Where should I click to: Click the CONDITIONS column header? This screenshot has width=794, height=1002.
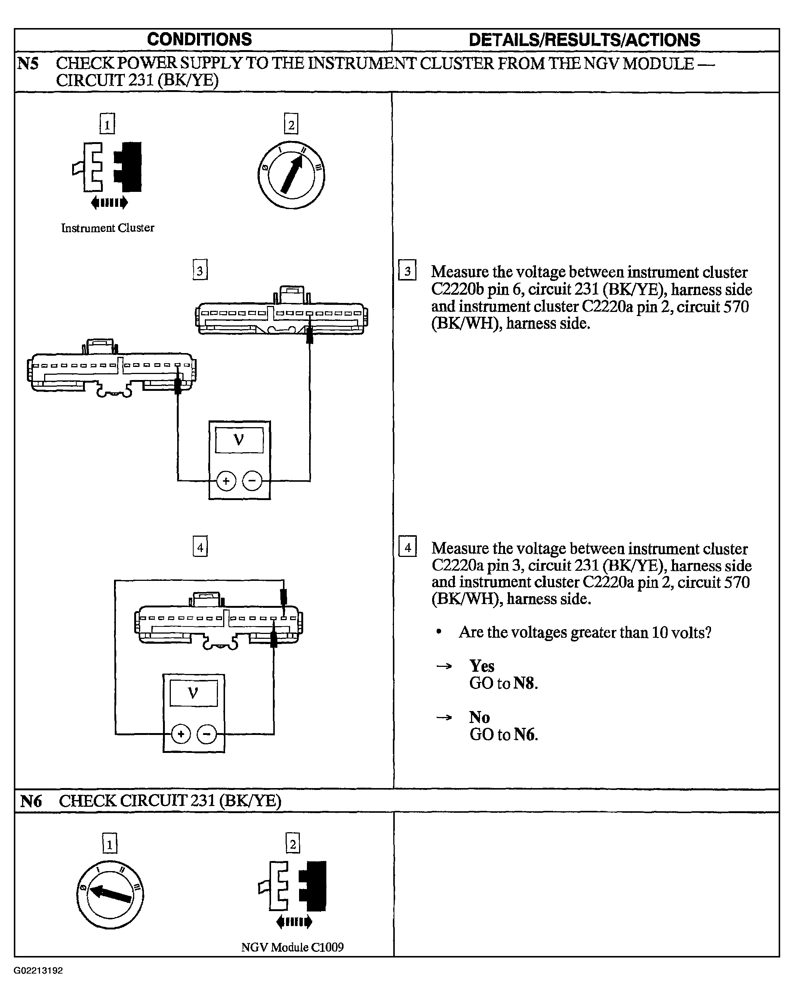tap(199, 40)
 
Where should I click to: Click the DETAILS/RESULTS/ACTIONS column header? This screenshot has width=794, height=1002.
tap(584, 40)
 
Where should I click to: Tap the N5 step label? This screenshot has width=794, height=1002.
tap(28, 64)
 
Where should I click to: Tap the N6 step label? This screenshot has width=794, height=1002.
tap(31, 801)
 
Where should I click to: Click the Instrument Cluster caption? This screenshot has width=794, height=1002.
tap(108, 228)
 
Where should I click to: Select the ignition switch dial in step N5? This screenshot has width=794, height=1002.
tap(291, 175)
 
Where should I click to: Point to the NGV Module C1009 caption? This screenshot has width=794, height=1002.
tap(292, 947)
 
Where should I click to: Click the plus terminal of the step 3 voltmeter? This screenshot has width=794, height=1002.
tap(226, 481)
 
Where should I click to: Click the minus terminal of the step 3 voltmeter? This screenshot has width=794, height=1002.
tap(252, 481)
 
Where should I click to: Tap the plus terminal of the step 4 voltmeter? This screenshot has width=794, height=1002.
tap(181, 734)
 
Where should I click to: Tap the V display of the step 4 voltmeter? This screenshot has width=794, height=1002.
tap(194, 693)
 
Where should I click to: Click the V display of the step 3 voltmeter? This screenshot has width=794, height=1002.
tap(239, 439)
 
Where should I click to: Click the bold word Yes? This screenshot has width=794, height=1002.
tap(482, 666)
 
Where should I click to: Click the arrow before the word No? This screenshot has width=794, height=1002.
tap(444, 718)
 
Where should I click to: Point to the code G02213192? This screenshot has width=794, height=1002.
tap(38, 971)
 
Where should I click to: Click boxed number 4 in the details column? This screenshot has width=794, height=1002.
tap(407, 546)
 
